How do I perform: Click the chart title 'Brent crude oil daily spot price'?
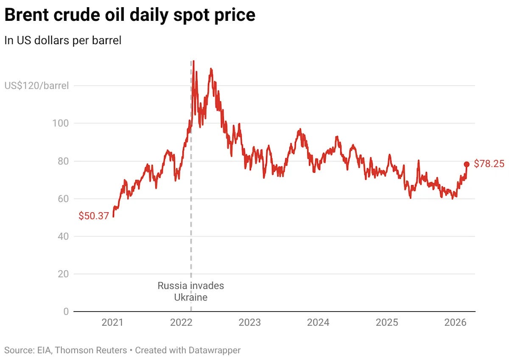[x=130, y=15]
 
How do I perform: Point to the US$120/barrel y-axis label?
[x=36, y=86]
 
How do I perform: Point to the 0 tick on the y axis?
[x=66, y=312]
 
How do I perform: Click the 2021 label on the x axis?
[x=112, y=323]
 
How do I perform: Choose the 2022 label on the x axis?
[x=181, y=323]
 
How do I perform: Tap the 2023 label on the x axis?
[x=250, y=323]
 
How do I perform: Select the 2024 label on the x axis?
[x=318, y=323]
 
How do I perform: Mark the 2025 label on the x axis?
[x=387, y=323]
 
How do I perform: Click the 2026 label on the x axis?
[x=455, y=323]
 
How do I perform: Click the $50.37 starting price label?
[x=94, y=216]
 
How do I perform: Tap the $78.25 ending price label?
[x=489, y=164]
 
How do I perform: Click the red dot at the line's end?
[x=467, y=164]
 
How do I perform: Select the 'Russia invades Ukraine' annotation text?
[x=190, y=291]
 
